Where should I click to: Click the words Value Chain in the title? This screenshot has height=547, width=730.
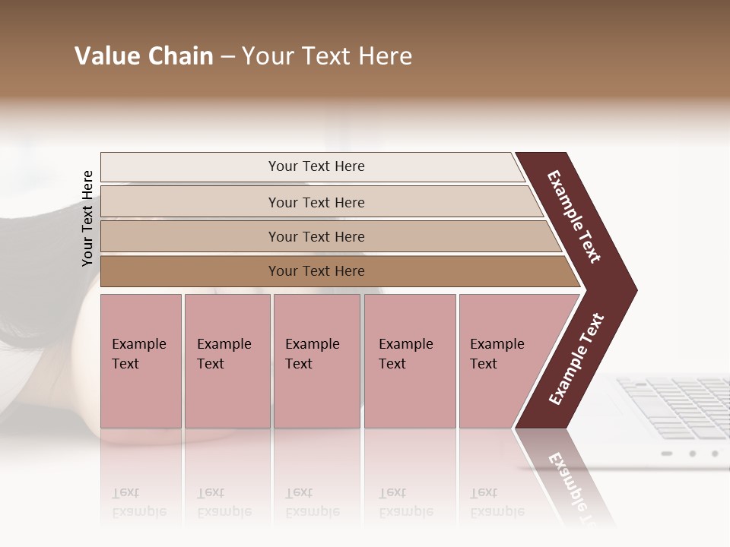point(144,56)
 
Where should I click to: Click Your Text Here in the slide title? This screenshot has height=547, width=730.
point(327,56)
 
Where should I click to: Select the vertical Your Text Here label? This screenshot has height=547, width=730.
point(87,218)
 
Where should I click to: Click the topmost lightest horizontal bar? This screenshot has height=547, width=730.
point(316,166)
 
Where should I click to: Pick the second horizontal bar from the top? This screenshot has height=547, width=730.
point(316,202)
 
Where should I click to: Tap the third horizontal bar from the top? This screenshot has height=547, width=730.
point(316,236)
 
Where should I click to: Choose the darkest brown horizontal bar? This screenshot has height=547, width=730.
point(316,271)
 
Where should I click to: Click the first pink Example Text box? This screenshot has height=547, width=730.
point(141,360)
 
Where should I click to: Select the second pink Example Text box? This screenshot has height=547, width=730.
point(227,360)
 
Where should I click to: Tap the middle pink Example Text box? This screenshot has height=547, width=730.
point(316,360)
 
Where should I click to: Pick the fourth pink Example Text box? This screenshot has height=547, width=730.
point(409,360)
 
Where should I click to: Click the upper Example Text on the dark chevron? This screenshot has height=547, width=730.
point(574,217)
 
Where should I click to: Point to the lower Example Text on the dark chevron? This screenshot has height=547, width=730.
point(576,359)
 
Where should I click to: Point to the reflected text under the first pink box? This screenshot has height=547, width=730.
point(139,502)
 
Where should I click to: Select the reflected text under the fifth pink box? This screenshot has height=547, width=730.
point(497,502)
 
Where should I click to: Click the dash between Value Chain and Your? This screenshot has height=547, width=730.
point(227,57)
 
